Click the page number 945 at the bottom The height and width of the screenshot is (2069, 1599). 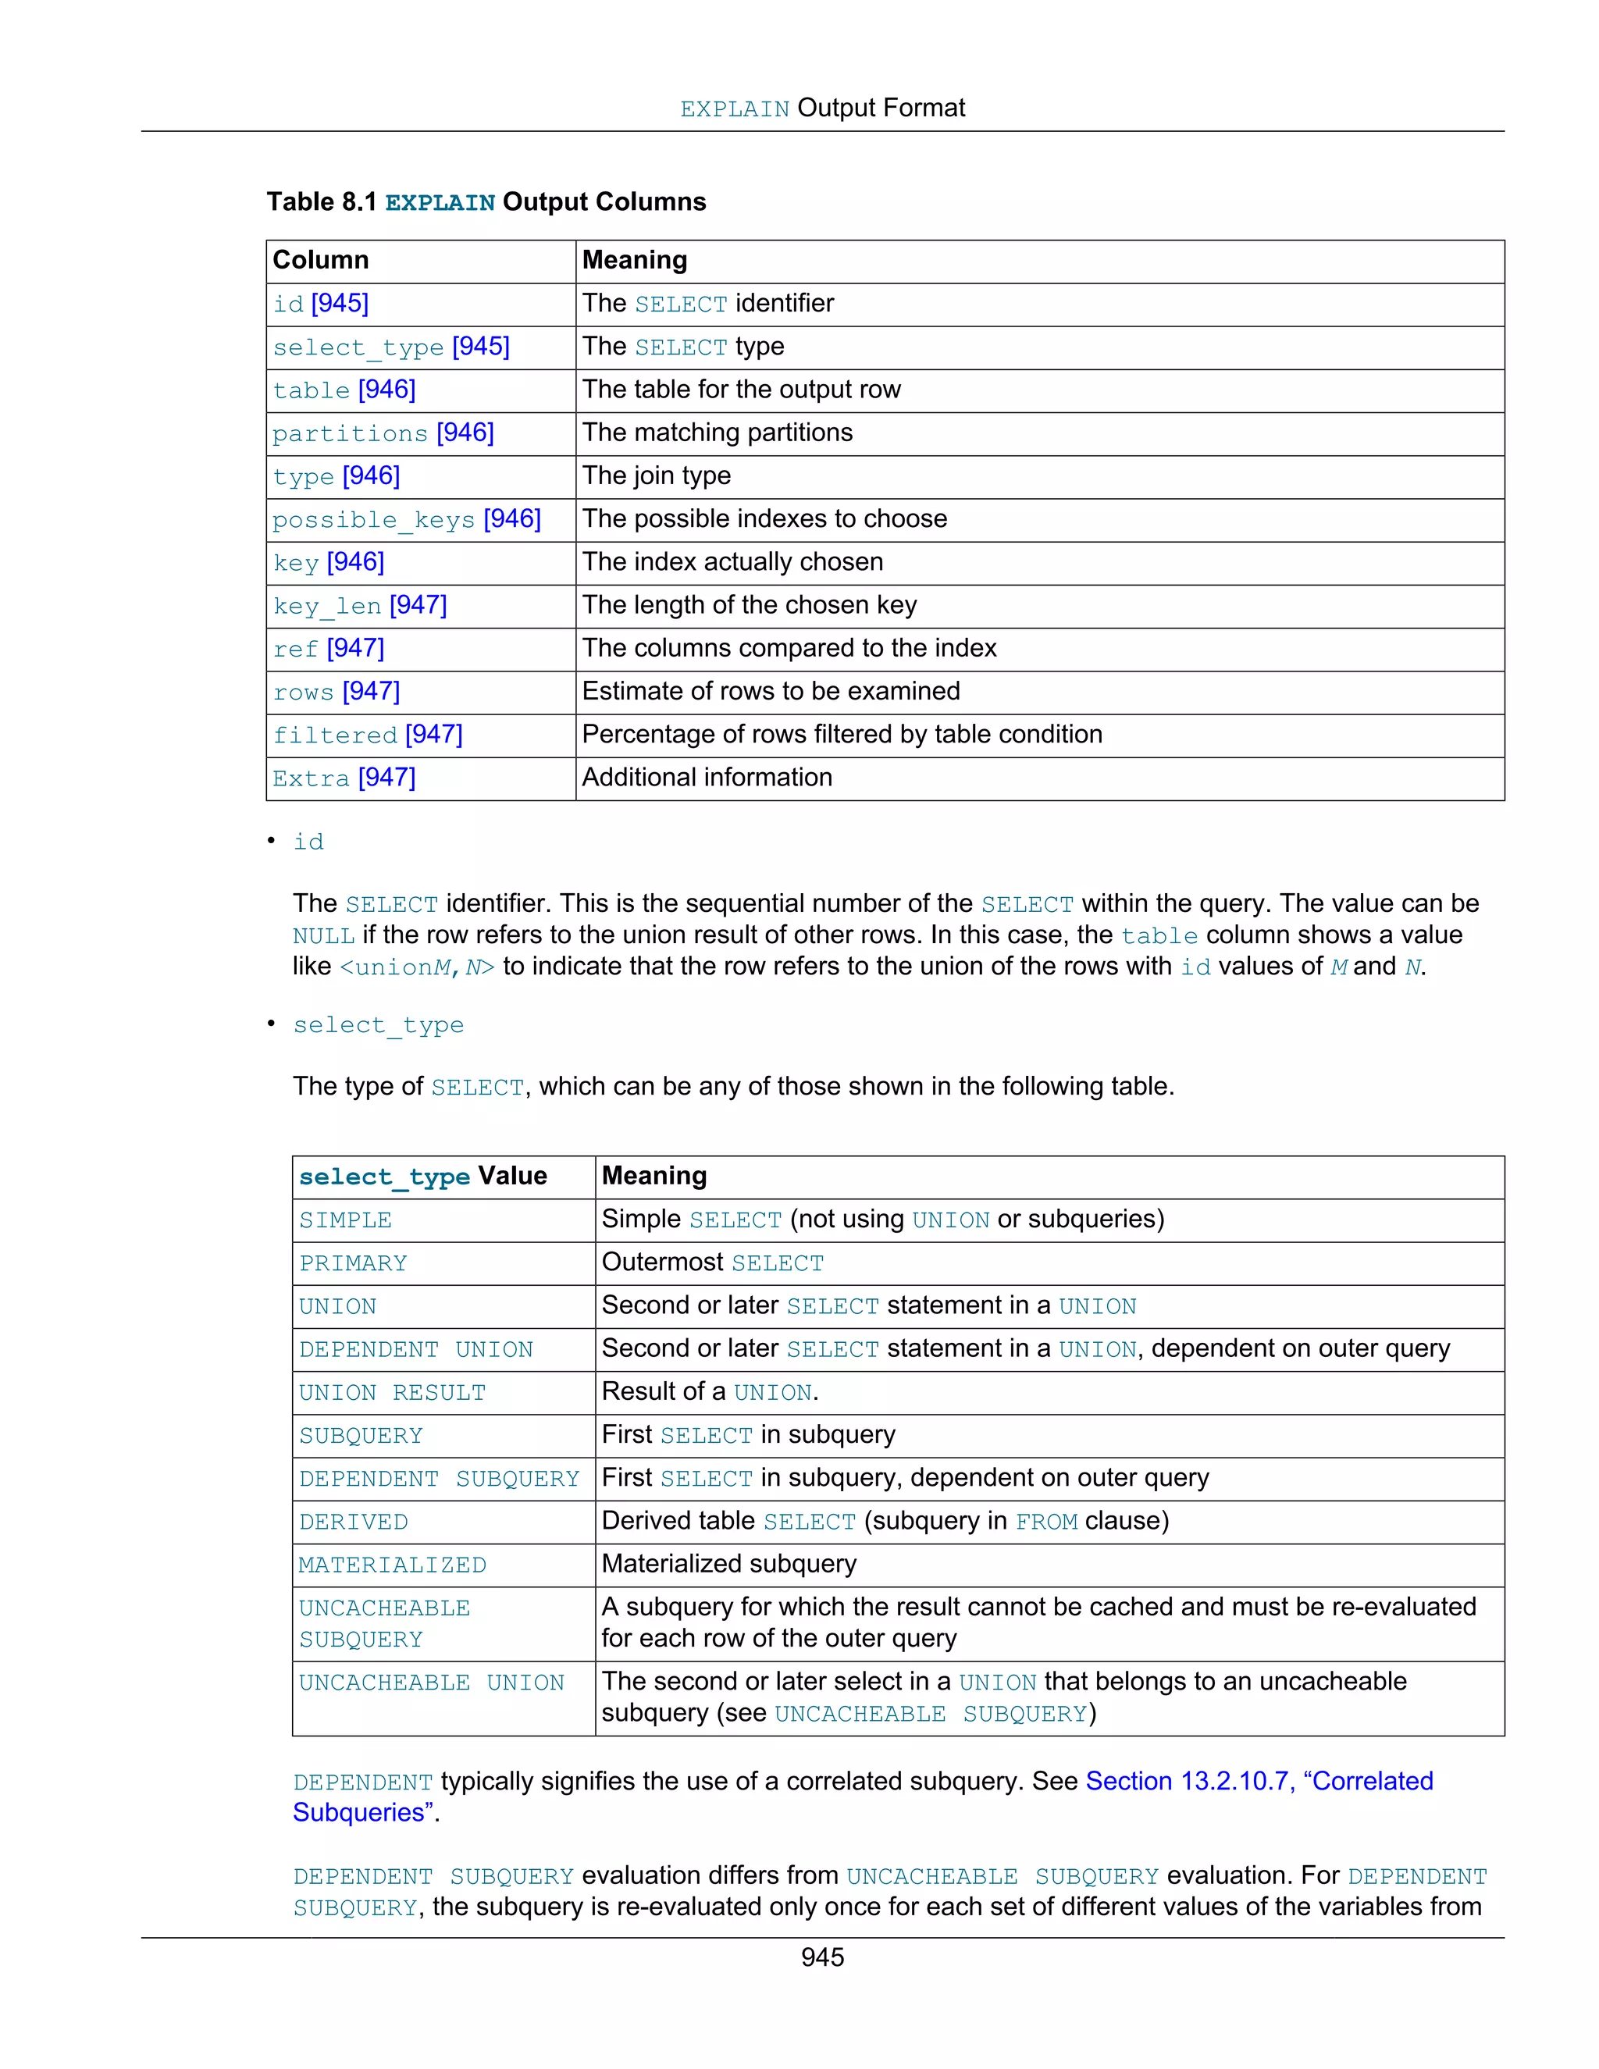coord(821,1957)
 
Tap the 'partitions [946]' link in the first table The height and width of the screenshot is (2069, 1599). coord(383,433)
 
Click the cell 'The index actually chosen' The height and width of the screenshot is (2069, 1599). coord(732,562)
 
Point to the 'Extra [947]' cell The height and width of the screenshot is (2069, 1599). coord(344,778)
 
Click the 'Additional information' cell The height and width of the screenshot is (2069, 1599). coord(707,778)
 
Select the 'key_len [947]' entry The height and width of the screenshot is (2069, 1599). coord(360,605)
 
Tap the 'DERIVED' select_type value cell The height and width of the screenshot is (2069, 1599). coord(354,1522)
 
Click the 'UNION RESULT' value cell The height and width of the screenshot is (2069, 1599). coord(392,1393)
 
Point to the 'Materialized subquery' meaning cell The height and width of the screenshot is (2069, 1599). coord(728,1564)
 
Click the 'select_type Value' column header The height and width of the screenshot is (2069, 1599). coord(422,1177)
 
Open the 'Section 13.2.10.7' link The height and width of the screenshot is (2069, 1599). coord(1258,1781)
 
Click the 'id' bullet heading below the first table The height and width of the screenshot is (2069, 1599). coord(308,842)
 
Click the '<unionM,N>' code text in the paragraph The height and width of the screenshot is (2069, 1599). coord(417,967)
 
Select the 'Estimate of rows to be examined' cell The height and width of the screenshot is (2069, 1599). coord(770,692)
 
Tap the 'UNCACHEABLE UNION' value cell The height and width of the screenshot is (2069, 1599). coord(431,1683)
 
